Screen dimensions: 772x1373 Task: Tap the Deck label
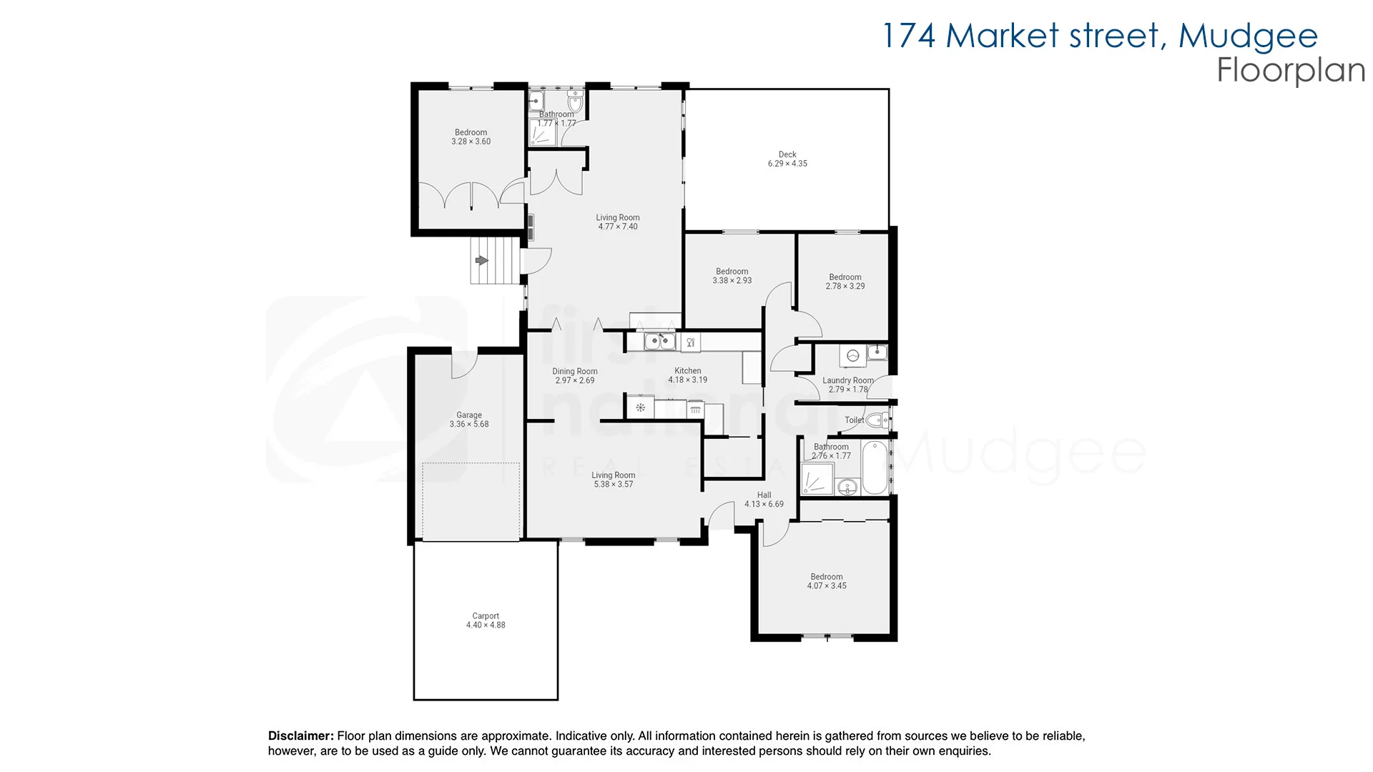pos(787,154)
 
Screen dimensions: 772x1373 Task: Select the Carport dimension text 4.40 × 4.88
pos(486,625)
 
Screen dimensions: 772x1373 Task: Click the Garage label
pos(469,415)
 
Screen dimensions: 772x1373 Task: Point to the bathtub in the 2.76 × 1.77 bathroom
pos(875,468)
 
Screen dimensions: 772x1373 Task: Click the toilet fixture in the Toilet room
pos(876,420)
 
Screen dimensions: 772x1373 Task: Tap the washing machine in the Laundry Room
pos(852,355)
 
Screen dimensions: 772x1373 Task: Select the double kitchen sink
pos(659,342)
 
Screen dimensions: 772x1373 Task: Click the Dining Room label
pos(574,372)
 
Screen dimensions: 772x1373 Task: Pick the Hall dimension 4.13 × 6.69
pos(764,505)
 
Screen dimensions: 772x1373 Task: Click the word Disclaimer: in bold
pos(300,736)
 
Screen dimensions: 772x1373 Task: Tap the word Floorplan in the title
pos(1291,70)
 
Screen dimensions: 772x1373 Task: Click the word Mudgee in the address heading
pos(1248,36)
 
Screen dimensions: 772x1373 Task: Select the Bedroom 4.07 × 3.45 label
pos(827,577)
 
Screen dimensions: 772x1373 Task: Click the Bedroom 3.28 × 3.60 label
pos(471,132)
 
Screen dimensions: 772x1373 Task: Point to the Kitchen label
pos(687,371)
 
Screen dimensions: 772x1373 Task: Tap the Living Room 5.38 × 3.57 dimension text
pos(614,485)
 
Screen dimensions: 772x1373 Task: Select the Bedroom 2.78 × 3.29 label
pos(845,277)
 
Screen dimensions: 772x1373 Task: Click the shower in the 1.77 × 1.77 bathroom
pos(541,134)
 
